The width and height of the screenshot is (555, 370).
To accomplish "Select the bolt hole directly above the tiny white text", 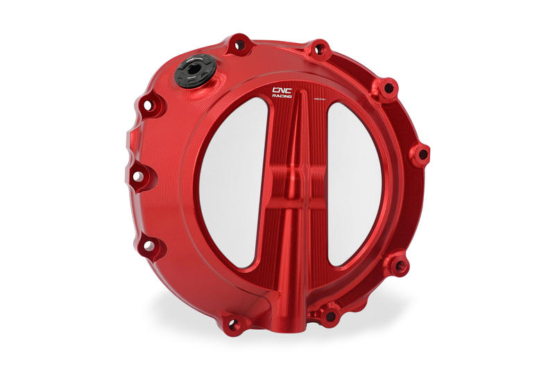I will coord(319,50).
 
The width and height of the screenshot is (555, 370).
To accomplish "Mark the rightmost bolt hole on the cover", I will coord(421,154).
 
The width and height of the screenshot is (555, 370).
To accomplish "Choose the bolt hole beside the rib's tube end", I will coord(330,316).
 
